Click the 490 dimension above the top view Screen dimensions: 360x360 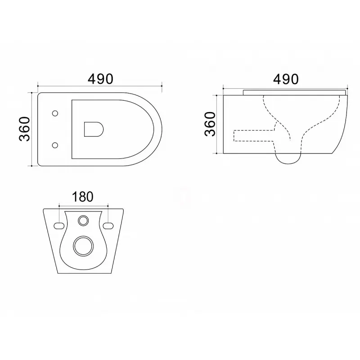click(x=100, y=79)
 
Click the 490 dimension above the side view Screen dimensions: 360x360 click(x=286, y=79)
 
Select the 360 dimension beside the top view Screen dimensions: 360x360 click(x=24, y=129)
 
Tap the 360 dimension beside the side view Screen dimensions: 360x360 click(x=210, y=124)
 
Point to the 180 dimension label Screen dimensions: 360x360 click(x=83, y=197)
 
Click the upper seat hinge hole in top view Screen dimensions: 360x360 click(x=55, y=113)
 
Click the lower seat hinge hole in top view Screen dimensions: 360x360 click(x=55, y=145)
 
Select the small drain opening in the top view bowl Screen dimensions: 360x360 click(x=94, y=129)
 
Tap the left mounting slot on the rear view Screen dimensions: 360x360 click(x=59, y=226)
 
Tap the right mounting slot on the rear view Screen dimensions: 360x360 click(x=108, y=226)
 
